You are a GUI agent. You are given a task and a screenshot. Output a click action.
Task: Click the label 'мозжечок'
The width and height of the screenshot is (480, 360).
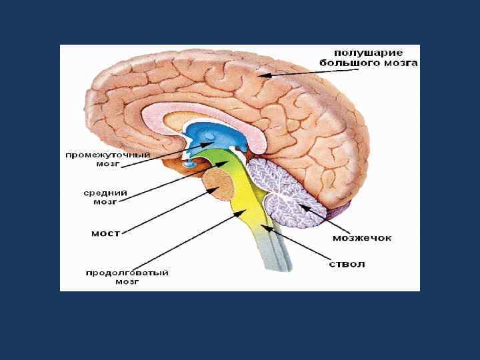click(x=362, y=237)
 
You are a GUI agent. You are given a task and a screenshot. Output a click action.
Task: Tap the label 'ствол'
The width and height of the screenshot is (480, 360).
click(x=347, y=263)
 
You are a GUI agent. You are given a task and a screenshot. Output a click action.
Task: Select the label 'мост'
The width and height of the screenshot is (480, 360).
click(x=105, y=233)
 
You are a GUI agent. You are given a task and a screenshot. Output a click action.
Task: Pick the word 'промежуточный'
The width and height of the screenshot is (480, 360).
click(x=107, y=155)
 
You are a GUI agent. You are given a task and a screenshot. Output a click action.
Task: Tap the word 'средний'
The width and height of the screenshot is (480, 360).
click(x=105, y=193)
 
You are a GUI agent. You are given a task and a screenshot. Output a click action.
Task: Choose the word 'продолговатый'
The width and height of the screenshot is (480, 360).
click(x=127, y=272)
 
